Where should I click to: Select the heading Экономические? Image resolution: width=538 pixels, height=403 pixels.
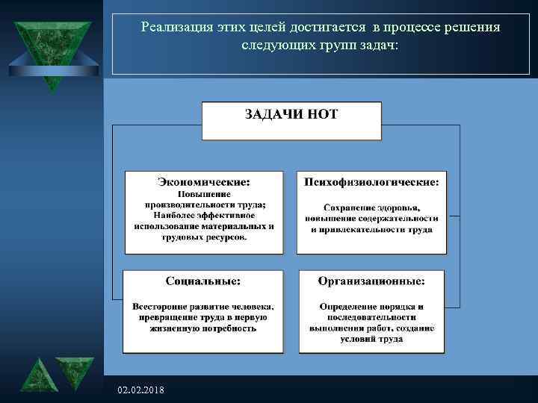click(x=204, y=181)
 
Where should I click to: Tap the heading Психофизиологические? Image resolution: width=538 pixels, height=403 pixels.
click(x=371, y=181)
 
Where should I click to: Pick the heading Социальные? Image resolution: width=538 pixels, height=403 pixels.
click(x=203, y=281)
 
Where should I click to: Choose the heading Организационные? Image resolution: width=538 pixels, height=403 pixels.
click(x=371, y=281)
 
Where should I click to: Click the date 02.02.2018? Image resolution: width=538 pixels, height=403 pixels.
click(x=142, y=391)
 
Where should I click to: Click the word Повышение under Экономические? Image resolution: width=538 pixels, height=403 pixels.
click(x=203, y=194)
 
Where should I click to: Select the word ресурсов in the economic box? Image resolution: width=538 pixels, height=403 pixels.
click(x=224, y=237)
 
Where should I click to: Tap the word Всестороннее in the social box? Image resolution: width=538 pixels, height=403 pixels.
click(x=161, y=307)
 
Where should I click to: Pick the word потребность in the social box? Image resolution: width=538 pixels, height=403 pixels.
click(x=230, y=328)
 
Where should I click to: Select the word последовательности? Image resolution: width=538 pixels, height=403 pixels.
click(x=371, y=317)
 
